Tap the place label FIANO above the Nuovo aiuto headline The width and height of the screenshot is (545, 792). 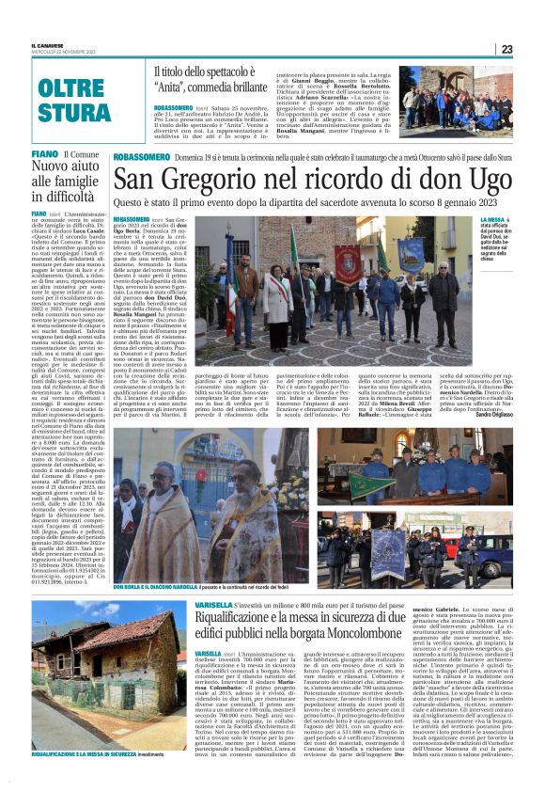44,152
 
